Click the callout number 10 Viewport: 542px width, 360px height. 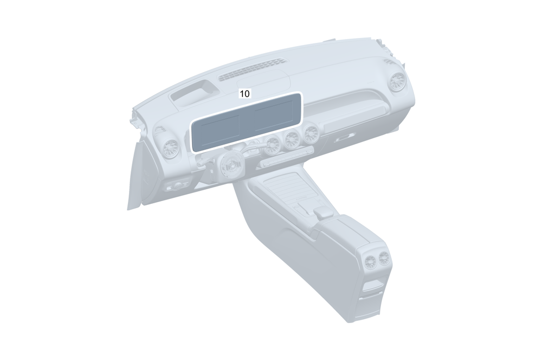[x=244, y=93]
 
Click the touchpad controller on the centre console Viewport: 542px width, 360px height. [x=324, y=213]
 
